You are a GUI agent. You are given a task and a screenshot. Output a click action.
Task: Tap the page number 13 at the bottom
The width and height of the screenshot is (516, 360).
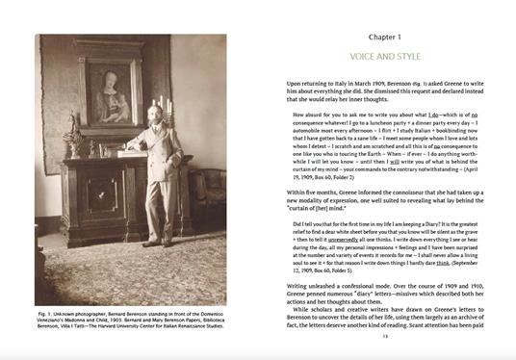tap(384, 335)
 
